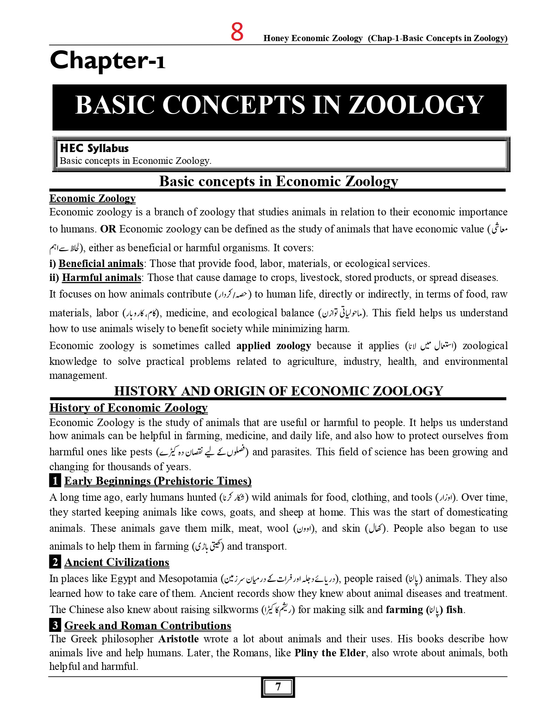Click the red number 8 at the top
coord(237,32)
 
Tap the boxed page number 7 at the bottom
coord(278,687)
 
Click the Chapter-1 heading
coord(107,60)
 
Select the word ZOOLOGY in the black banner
coord(415,105)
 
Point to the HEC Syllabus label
coord(94,149)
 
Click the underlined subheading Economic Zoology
coord(92,199)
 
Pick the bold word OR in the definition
coord(108,229)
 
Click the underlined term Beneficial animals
coord(100,263)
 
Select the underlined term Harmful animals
coord(101,278)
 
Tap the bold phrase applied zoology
coord(273,346)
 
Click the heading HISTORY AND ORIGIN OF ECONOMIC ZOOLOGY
coord(278,391)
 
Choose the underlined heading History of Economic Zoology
coord(128,408)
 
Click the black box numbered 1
coord(55,481)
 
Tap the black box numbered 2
coord(55,562)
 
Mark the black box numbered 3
coord(55,625)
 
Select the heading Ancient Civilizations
coord(117,562)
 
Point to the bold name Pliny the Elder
coord(330,653)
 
